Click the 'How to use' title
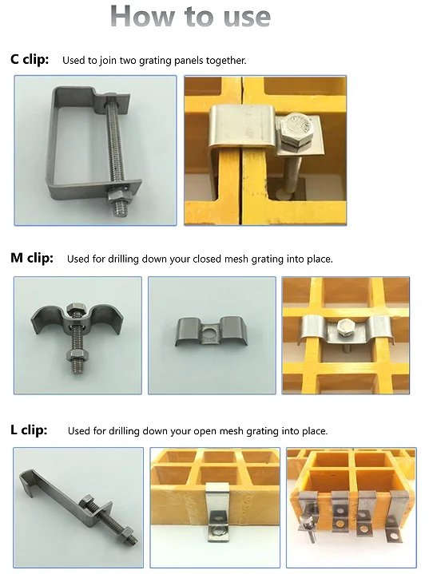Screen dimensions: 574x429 click(190, 16)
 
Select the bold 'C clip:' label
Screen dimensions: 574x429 click(30, 59)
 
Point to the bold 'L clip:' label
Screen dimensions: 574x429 click(29, 430)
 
